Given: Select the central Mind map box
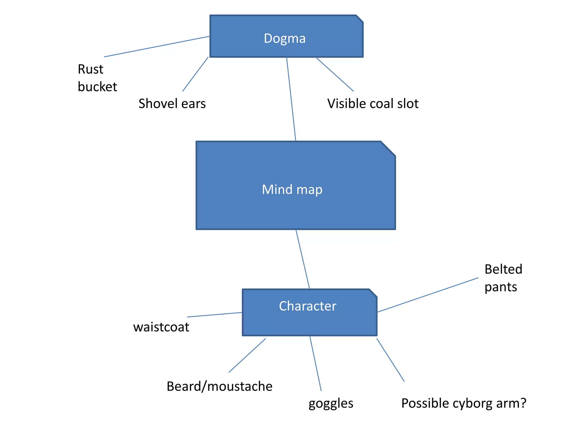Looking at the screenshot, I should (295, 186).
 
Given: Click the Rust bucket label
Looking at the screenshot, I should (97, 78).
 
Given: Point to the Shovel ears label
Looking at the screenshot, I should (172, 103).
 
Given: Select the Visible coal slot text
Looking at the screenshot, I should (373, 103).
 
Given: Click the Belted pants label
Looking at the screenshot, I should (503, 278).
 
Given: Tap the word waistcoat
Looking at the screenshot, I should (161, 327).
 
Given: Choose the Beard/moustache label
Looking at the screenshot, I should (219, 386).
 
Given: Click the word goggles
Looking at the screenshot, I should (331, 403).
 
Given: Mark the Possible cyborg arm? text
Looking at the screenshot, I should (463, 403).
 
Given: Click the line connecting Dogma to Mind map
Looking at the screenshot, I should (291, 99).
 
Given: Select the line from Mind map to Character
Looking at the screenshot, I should (303, 259).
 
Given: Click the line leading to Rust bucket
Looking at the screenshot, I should (157, 47).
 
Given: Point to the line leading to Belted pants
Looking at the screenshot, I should (428, 295).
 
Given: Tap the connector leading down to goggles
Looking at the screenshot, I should (315, 363).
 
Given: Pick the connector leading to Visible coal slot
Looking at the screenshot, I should (335, 74).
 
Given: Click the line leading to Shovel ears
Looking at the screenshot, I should (195, 74).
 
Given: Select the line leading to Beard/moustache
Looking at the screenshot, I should (247, 355).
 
